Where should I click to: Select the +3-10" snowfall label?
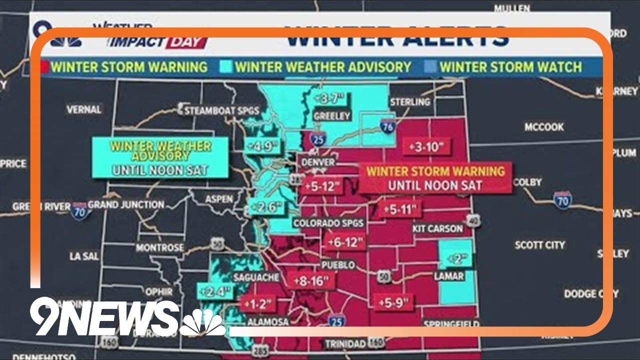coord(426,147)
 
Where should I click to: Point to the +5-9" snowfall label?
coord(393,301)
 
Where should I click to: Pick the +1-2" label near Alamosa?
coord(258,303)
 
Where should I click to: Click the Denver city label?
coord(318,162)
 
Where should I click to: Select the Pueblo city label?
coord(338,265)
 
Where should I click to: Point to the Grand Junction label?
coord(125,204)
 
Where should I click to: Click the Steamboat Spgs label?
coord(222,110)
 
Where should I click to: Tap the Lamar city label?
coord(449,276)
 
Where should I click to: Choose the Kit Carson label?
coord(437,228)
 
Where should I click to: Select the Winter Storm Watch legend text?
coord(510,67)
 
